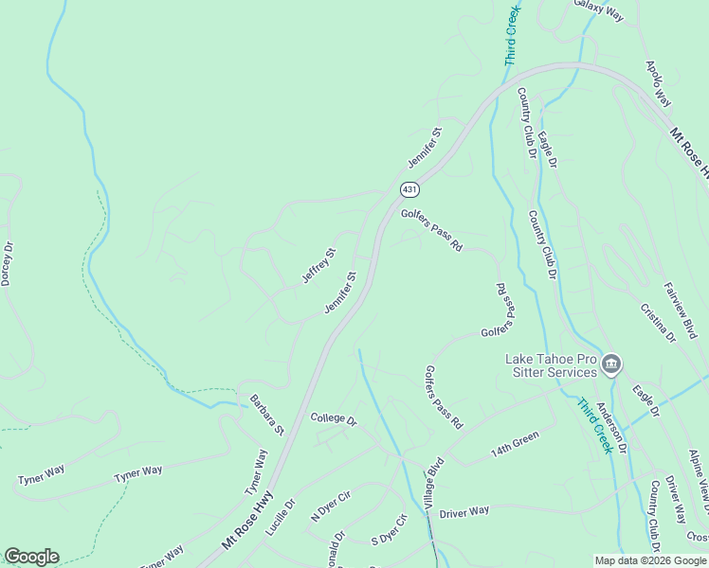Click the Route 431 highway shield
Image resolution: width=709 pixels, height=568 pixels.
point(409,189)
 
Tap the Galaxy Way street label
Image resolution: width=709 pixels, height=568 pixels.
point(599,10)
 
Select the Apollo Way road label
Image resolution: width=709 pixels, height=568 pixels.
point(658,84)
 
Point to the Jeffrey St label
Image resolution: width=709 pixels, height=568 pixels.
point(319,265)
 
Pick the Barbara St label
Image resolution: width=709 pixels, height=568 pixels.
point(266,414)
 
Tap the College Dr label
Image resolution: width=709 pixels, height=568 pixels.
point(333,419)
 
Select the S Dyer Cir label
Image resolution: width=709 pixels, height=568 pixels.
point(389,529)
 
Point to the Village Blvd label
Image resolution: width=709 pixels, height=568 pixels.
point(434,485)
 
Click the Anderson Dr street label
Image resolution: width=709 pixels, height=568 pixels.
point(611,428)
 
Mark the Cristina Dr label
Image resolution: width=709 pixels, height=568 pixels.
point(657,322)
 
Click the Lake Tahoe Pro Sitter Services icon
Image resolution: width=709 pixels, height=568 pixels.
point(611,364)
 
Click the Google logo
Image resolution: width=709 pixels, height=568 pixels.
point(31,557)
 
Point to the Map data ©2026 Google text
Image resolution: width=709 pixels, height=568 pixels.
point(649,560)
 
